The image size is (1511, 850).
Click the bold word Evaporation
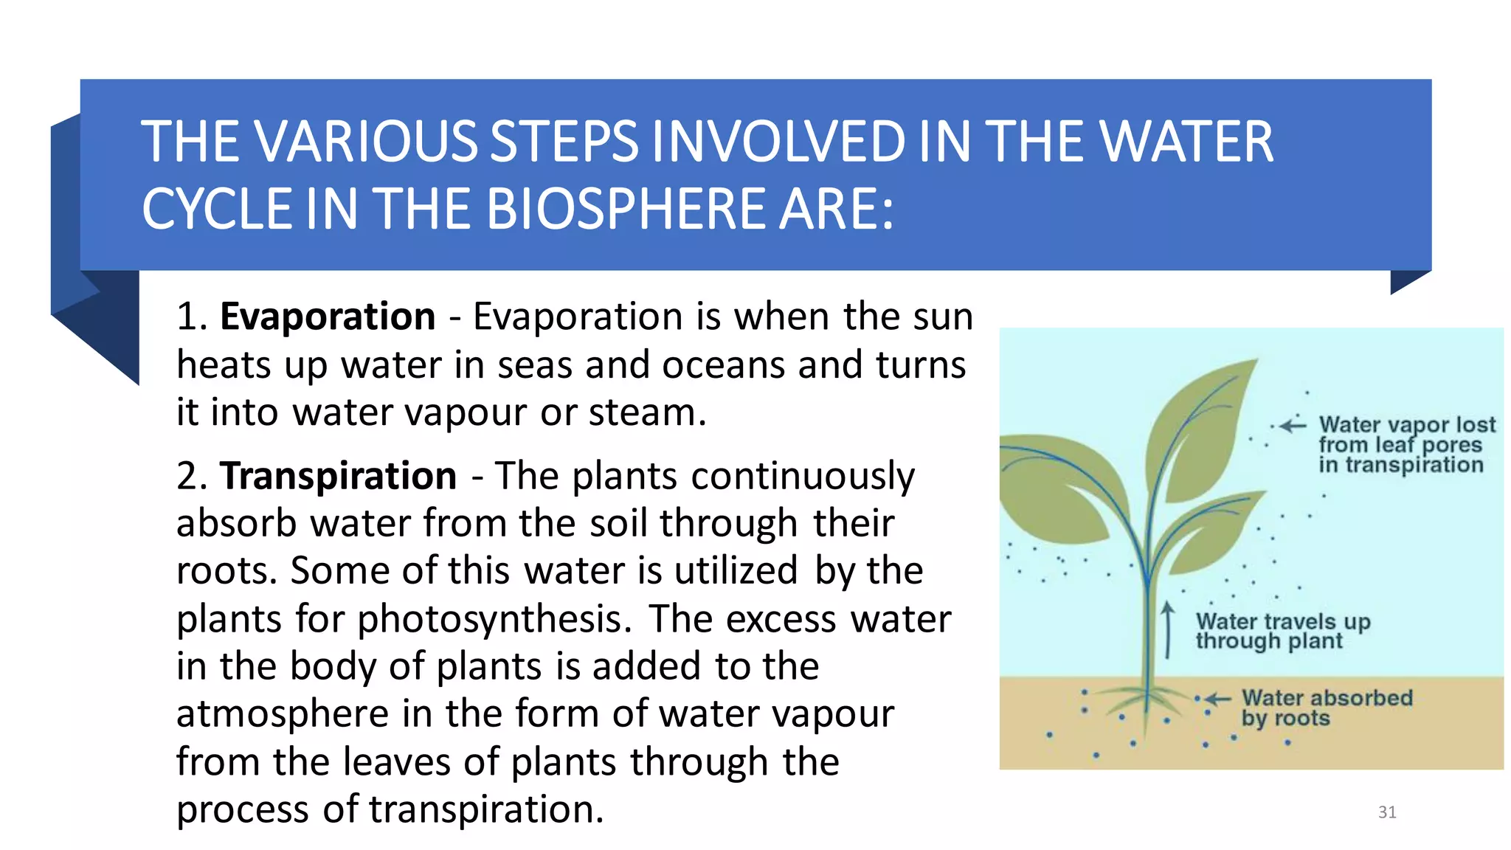[328, 317]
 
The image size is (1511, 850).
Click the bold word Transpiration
[338, 476]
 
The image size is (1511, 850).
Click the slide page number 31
[1386, 812]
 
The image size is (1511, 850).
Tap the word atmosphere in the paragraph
[282, 714]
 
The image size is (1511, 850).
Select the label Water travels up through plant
[1282, 631]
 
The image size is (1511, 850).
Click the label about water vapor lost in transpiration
[1405, 444]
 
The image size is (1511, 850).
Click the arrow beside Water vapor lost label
[1293, 426]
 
